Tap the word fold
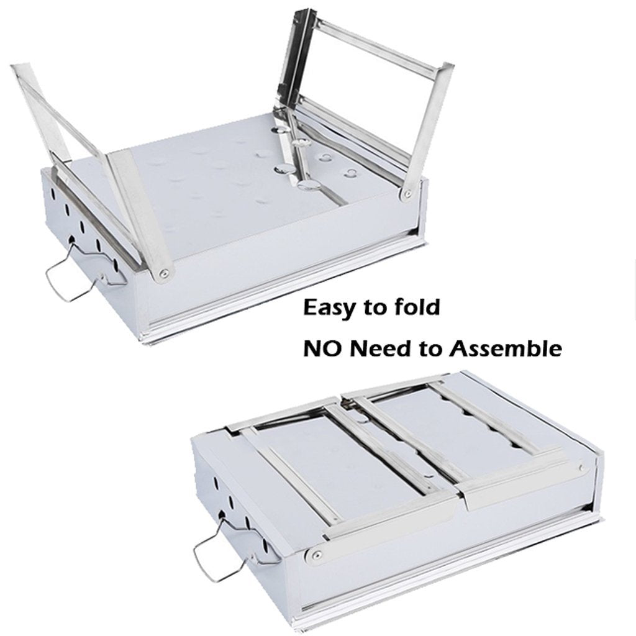coord(418,307)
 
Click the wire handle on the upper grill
coord(68,276)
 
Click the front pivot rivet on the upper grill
coord(163,271)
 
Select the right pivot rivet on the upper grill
coord(407,194)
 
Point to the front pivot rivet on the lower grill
coord(317,553)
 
